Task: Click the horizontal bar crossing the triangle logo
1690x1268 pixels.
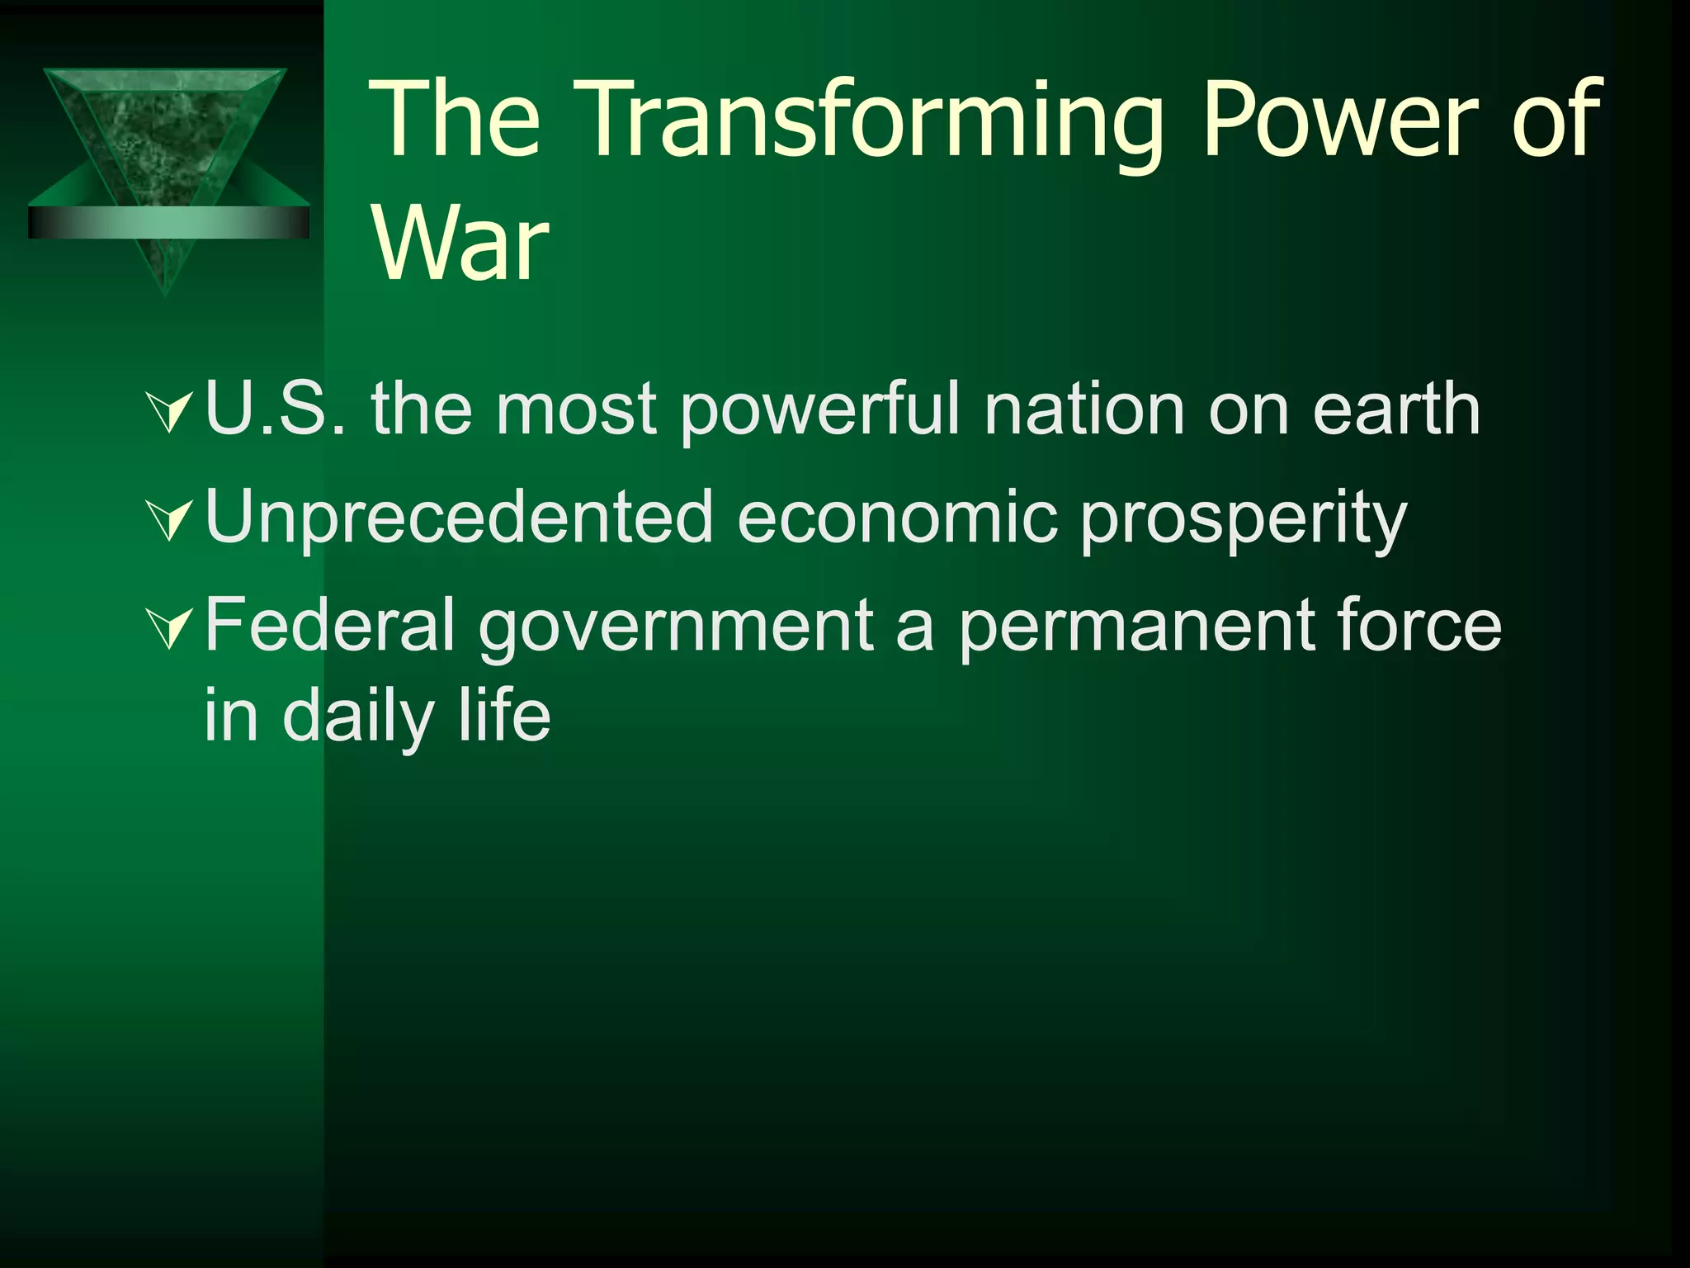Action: click(x=168, y=222)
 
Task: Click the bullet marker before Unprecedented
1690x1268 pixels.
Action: click(x=170, y=521)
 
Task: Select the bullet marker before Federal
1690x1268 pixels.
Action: click(x=170, y=629)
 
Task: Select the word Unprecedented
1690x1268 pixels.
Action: click(x=459, y=518)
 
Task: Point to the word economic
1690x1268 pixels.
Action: click(x=897, y=518)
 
